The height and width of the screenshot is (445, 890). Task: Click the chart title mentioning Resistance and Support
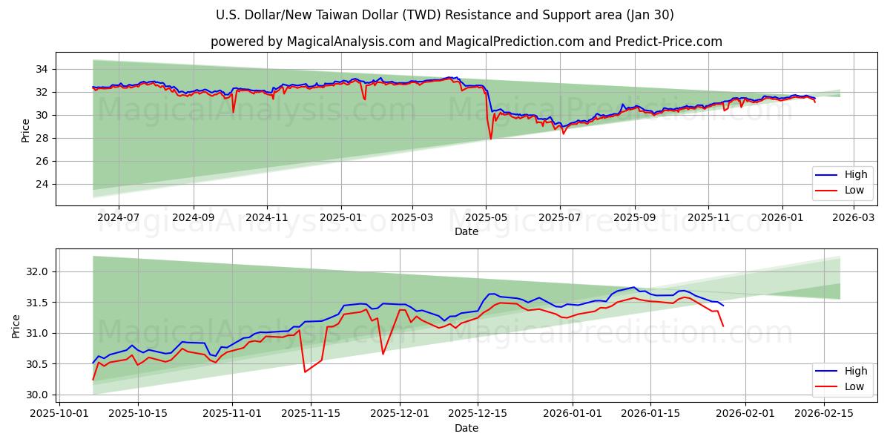(x=445, y=15)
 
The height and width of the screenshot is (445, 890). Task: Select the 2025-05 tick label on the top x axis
(x=486, y=218)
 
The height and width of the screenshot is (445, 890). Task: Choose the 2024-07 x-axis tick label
(x=119, y=218)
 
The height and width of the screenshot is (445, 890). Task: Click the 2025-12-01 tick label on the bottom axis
(x=400, y=414)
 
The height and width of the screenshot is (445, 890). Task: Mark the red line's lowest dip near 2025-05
(x=490, y=139)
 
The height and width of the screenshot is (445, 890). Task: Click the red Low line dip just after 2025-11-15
(x=305, y=372)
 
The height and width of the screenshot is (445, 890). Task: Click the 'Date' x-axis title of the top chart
(x=466, y=232)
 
